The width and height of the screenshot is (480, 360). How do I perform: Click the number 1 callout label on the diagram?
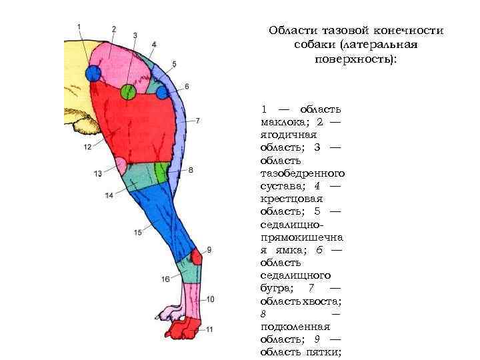coord(79,27)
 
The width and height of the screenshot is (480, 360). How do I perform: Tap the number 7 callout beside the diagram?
coord(198,121)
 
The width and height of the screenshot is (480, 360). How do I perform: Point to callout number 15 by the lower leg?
coord(138,232)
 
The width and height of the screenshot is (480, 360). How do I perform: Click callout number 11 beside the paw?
coord(209,329)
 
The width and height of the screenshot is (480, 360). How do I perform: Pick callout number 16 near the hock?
coord(165,279)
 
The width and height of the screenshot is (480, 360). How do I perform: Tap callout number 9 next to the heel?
coord(209,249)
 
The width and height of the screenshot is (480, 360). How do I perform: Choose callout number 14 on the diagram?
coord(109,195)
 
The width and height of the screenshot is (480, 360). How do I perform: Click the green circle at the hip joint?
coord(129,91)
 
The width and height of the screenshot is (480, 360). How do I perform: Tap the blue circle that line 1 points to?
coord(93,73)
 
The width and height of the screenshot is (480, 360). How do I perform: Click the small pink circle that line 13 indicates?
coord(121,164)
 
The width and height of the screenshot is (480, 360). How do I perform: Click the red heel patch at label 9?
coord(196,257)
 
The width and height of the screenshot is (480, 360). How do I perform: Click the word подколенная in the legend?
coord(295,326)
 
